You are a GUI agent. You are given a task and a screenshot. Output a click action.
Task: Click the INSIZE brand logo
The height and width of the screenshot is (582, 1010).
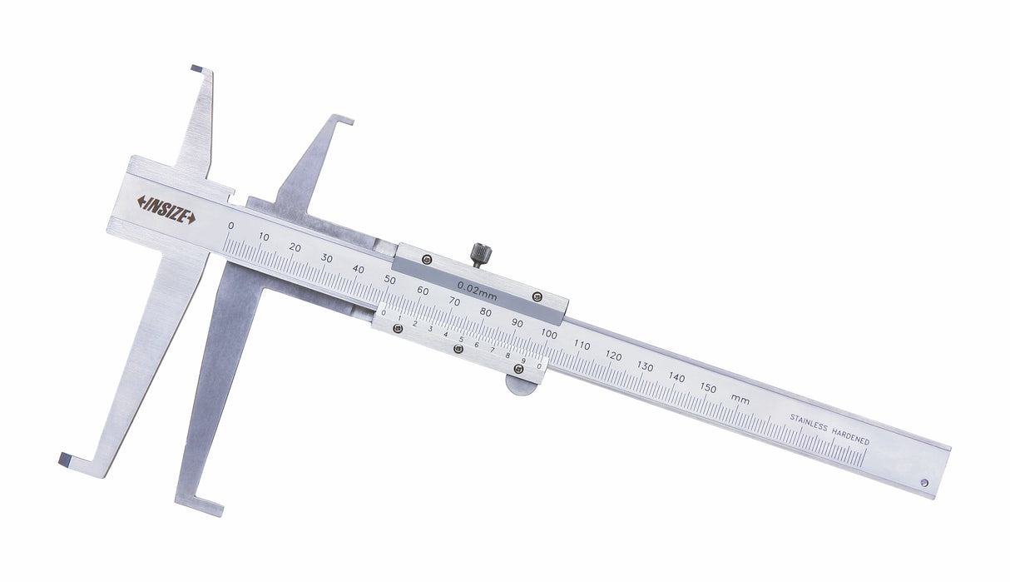166,210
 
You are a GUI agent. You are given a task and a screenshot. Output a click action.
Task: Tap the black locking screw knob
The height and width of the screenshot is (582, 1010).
481,255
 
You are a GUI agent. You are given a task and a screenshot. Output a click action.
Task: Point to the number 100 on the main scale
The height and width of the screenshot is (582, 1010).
549,335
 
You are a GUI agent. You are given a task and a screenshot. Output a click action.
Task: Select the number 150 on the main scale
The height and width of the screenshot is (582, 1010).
708,387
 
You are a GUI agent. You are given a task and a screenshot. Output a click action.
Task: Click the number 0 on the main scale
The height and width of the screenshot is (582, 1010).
231,226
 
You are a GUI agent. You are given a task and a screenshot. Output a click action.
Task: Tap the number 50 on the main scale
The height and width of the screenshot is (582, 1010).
390,280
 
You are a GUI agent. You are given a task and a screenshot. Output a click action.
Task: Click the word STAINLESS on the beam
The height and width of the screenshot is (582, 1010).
809,422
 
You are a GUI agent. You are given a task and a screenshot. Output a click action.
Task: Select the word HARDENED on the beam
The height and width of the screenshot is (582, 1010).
850,435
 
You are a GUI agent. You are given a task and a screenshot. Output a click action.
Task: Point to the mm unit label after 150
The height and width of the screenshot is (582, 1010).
740,399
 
